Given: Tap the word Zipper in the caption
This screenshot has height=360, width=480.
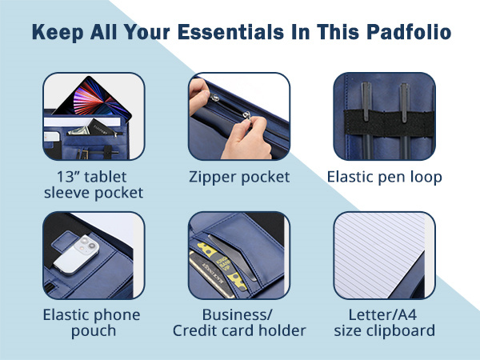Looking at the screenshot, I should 214,177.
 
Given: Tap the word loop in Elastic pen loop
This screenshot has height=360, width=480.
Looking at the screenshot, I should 425,177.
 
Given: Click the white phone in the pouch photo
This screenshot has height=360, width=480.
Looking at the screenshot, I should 82,248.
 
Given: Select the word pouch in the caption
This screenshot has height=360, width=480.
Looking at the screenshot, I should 94,330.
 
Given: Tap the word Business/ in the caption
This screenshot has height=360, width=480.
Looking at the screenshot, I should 238,314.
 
